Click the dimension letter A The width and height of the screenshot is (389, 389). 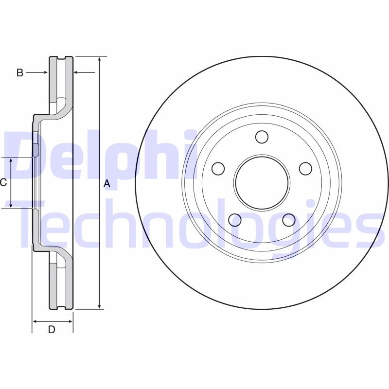click(107, 184)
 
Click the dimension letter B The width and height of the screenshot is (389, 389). click(19, 73)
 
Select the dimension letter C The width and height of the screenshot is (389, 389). click(3, 183)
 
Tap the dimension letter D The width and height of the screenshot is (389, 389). click(52, 330)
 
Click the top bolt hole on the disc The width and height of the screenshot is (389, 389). click(262, 137)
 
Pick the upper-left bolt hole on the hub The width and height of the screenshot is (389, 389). click(218, 169)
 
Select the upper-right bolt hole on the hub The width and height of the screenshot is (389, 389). click(305, 169)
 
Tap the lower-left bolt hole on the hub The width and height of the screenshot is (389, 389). click(235, 220)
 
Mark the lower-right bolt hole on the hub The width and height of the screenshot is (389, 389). click(288, 220)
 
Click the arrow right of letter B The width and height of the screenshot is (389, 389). click(38, 72)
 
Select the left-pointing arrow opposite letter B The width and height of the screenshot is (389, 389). click(84, 72)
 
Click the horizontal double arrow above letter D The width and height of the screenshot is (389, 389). click(53, 321)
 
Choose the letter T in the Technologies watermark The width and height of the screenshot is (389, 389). click(36, 224)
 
